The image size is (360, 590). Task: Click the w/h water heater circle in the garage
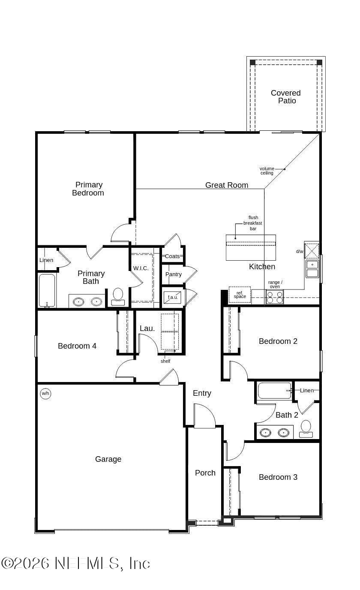point(45,394)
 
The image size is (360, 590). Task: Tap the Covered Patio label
point(286,96)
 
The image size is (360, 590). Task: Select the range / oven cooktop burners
point(275,297)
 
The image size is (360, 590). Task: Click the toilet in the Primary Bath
point(118,296)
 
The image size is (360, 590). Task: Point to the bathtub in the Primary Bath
point(47,290)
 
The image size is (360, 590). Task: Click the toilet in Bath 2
point(306,429)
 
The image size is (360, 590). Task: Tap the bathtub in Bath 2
point(275,391)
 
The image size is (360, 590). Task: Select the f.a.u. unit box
point(173,297)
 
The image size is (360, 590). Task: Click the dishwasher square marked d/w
point(312,250)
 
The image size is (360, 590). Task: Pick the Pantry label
point(174,274)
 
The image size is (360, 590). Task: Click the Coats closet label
point(172,256)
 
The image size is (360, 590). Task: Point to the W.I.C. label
point(141,268)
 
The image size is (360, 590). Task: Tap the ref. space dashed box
point(240,295)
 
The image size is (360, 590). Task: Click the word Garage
point(108,459)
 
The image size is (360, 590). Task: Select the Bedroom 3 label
point(278,477)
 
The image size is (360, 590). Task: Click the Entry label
point(202,393)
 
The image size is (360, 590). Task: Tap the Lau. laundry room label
point(147,328)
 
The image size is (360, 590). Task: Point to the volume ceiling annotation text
point(267,171)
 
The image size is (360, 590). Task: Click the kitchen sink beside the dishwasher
point(312,269)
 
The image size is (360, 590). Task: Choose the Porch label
point(205,473)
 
